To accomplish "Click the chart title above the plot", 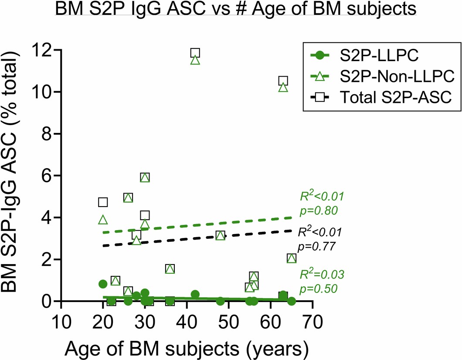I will (235, 9).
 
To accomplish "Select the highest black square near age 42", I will (195, 53).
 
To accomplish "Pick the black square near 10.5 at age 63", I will (283, 81).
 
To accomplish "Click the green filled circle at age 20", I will (103, 284).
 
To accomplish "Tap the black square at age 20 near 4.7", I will (103, 202).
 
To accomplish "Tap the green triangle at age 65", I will (292, 258).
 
